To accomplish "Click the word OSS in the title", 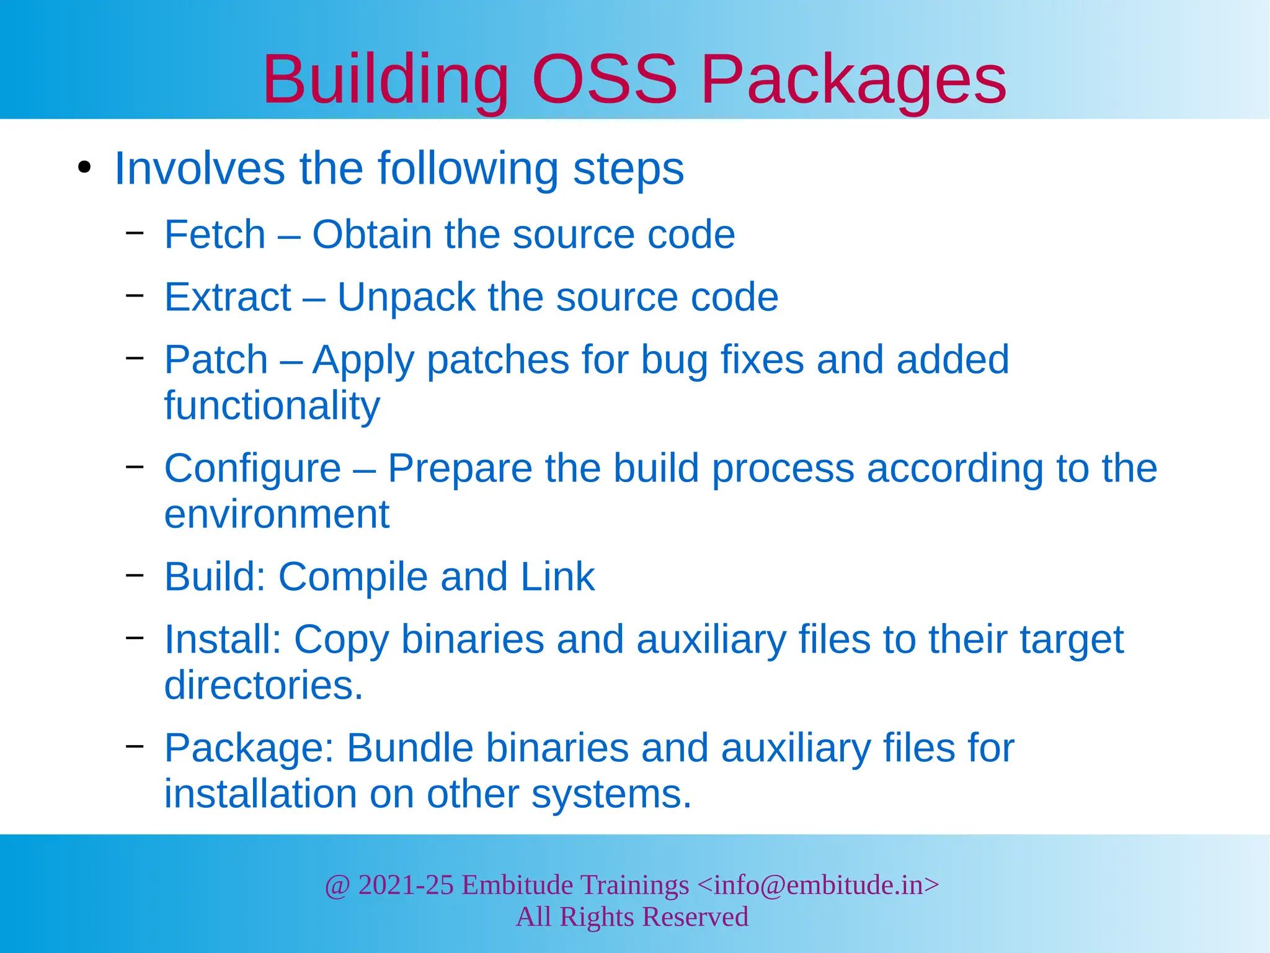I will pyautogui.click(x=605, y=79).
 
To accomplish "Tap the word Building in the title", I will pyautogui.click(x=385, y=79).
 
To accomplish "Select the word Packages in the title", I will pyautogui.click(x=853, y=79).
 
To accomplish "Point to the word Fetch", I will pyautogui.click(x=215, y=235).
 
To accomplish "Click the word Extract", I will pyautogui.click(x=227, y=297).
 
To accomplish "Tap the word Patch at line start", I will pyautogui.click(x=216, y=360).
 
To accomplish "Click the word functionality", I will pyautogui.click(x=272, y=406).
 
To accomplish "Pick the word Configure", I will pyautogui.click(x=252, y=468).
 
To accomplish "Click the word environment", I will pyautogui.click(x=277, y=514).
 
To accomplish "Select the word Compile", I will pyautogui.click(x=353, y=577).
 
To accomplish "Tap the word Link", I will pyautogui.click(x=557, y=577).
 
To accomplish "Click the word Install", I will pyautogui.click(x=223, y=639).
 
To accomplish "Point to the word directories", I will pyautogui.click(x=264, y=685).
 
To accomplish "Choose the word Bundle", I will pyautogui.click(x=410, y=748).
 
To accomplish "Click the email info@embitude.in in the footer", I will pyautogui.click(x=818, y=885).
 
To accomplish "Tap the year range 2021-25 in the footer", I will pyautogui.click(x=406, y=885).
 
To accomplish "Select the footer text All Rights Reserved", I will pyautogui.click(x=632, y=917).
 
